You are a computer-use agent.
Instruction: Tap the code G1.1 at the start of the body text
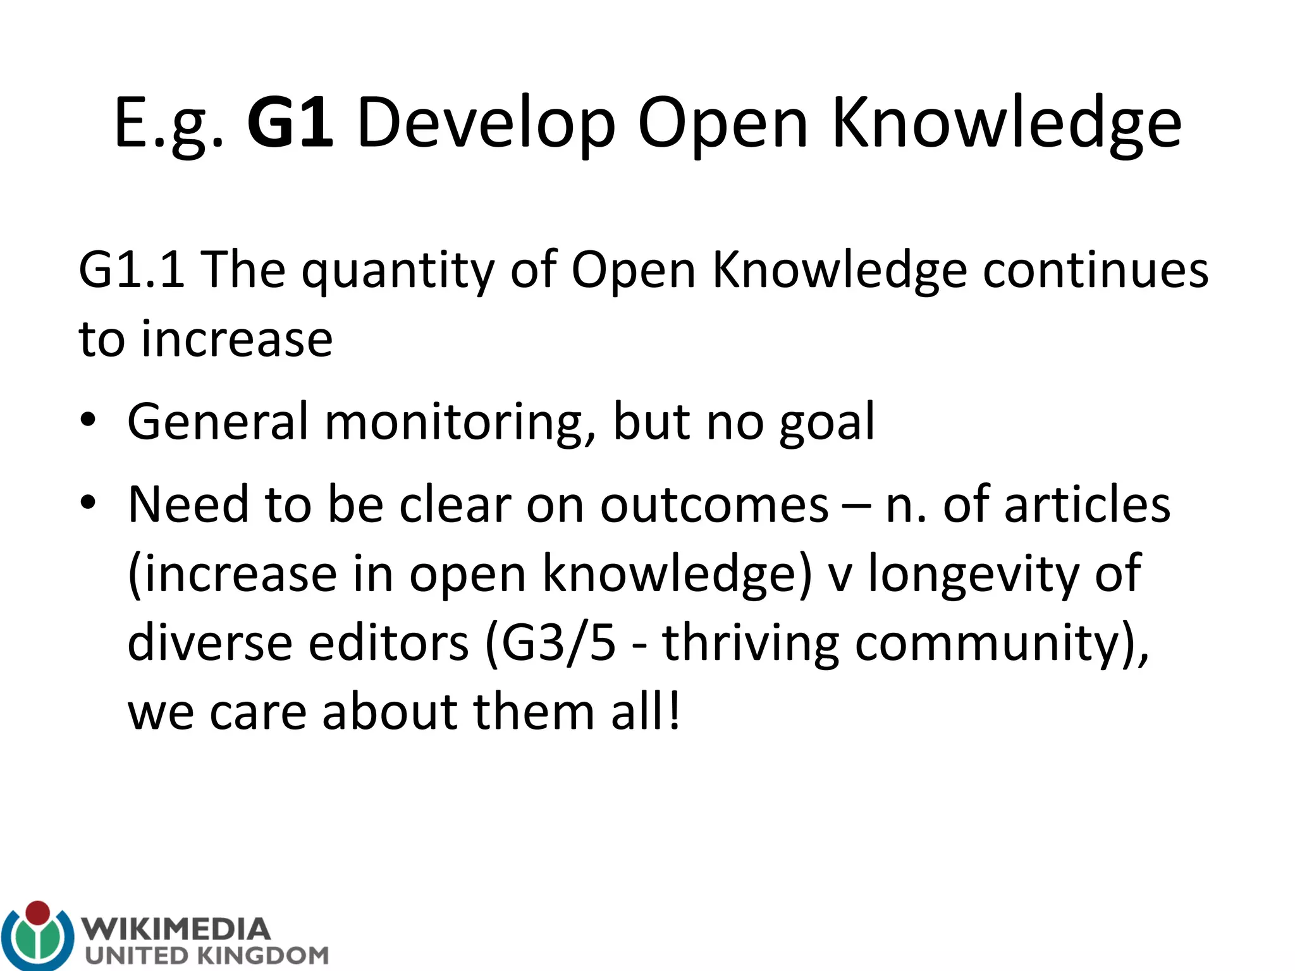[132, 270]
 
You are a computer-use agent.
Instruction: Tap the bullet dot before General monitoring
[88, 420]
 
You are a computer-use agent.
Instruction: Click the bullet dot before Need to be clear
[88, 503]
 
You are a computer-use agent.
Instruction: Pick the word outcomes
[714, 505]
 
